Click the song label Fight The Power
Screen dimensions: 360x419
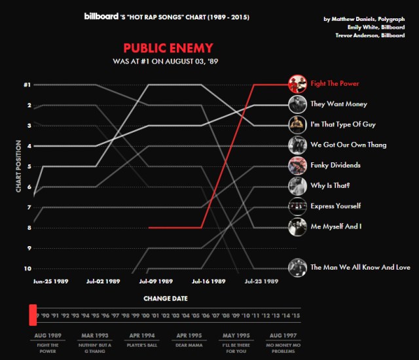point(335,84)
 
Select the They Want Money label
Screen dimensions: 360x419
point(338,104)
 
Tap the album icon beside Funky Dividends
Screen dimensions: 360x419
point(297,165)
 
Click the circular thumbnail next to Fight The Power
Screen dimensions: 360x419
point(297,84)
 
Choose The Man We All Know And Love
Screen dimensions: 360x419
point(360,267)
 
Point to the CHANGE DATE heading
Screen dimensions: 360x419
point(166,298)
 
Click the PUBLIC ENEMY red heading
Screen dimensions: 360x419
point(168,48)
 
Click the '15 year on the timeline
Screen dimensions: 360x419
point(297,315)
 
